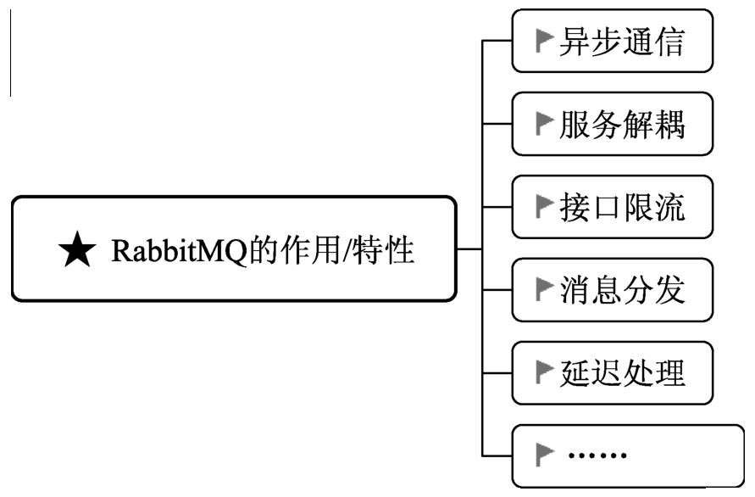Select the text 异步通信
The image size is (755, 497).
pyautogui.click(x=621, y=43)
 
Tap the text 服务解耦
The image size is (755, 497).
pyautogui.click(x=621, y=126)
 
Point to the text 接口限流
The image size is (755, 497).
pyautogui.click(x=621, y=207)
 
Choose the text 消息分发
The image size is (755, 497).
pyautogui.click(x=621, y=290)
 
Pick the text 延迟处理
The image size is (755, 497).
pyautogui.click(x=621, y=372)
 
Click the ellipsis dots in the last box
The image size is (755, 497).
pyautogui.click(x=597, y=456)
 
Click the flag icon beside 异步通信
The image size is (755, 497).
pyautogui.click(x=544, y=43)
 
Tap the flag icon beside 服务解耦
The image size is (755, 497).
pyautogui.click(x=544, y=126)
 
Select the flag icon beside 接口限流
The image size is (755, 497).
pyautogui.click(x=544, y=208)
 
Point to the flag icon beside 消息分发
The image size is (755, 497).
pyautogui.click(x=544, y=290)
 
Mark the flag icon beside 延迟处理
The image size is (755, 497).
pyautogui.click(x=544, y=372)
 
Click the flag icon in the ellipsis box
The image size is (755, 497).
pyautogui.click(x=544, y=456)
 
